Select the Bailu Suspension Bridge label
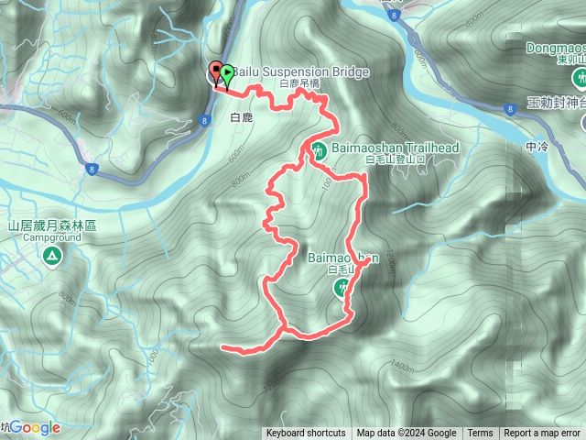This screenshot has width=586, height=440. coord(301,71)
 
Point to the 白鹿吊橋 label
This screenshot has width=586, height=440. coord(300,83)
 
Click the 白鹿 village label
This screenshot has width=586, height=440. coord(241,118)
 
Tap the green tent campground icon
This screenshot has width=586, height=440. coord(52,254)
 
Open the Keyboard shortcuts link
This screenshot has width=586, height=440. coord(306,434)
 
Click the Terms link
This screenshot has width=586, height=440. coord(480,434)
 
